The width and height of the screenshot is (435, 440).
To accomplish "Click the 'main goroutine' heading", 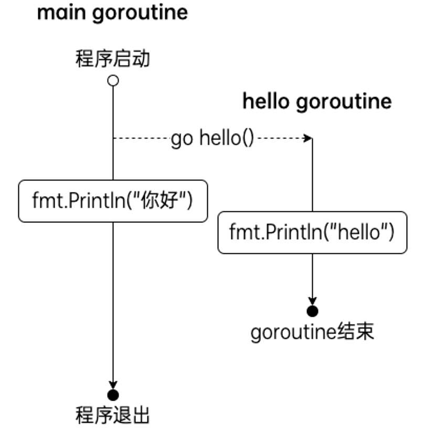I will point(112,13).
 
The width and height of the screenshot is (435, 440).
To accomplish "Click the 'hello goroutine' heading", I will point(316,101).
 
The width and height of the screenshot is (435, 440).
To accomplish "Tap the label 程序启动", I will point(113,59).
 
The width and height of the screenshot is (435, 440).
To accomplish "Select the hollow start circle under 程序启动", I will point(113,80).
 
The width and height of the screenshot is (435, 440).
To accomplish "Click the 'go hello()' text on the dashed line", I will point(213,139).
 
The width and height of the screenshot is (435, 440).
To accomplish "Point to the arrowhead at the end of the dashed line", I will point(309,138).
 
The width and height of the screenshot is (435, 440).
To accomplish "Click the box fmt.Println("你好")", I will point(113,201).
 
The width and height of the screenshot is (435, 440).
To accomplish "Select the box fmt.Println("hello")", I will point(312,232).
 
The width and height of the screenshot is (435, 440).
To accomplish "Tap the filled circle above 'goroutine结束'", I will point(313,312).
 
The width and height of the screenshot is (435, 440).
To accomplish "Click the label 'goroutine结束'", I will point(312,332).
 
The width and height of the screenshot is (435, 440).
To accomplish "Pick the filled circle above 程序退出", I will point(113,394).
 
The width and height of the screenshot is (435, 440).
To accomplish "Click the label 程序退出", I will point(113,415).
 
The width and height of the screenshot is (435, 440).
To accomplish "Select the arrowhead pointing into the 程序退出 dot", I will point(113,385).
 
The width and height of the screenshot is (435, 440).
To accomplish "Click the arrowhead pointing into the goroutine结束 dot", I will point(313,302).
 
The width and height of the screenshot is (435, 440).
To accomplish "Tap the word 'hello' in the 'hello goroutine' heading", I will point(266,101).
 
